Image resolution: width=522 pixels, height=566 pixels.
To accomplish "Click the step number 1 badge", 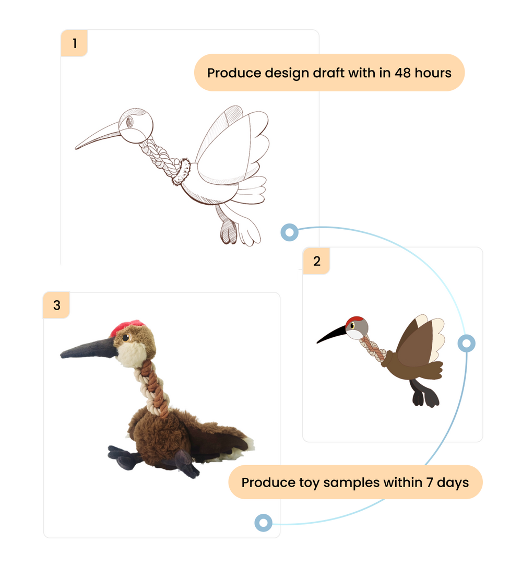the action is (74, 43).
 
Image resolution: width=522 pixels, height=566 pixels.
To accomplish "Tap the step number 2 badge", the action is (317, 261).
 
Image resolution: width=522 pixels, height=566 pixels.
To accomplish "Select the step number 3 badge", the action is (57, 305).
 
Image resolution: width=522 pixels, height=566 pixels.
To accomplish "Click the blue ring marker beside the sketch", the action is (290, 232).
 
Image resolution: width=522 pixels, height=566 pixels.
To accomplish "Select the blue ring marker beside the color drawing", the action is (466, 343).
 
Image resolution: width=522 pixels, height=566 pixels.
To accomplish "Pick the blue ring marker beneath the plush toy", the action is (264, 523).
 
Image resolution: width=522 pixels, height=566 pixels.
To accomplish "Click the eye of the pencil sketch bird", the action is (129, 122).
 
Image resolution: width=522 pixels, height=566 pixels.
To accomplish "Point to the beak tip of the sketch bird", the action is (76, 148).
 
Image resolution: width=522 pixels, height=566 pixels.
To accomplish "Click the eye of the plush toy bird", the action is (126, 338).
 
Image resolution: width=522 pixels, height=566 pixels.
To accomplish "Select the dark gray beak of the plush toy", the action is (88, 349).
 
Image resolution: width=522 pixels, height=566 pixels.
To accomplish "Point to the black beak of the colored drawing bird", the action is (331, 334).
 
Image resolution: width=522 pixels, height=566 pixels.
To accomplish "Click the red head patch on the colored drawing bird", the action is (355, 321).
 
